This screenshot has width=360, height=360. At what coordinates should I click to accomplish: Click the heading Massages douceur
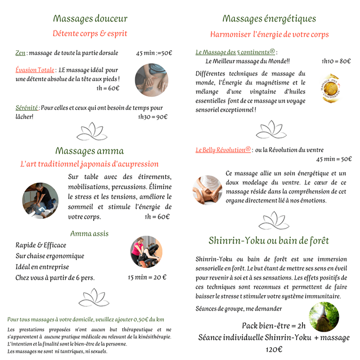pos(90,19)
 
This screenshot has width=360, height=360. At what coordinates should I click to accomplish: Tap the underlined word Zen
pos(20,53)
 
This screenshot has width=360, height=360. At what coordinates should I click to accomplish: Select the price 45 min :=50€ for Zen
pos(154,53)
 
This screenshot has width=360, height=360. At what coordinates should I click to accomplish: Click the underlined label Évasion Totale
pos(35,70)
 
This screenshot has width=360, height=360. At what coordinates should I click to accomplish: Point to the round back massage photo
pos(152,80)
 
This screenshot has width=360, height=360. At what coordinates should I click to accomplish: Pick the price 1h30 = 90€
pos(153,117)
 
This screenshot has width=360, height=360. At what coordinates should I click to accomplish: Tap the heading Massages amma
pos(90,151)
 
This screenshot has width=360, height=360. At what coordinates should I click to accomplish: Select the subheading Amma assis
pos(89,234)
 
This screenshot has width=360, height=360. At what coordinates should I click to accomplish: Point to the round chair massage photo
pos(146,252)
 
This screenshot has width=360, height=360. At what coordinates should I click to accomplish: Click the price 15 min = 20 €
pos(147,277)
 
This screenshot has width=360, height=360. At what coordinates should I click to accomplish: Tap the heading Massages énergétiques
pos(269,19)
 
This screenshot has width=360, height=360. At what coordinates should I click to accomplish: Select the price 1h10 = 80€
pos(336,61)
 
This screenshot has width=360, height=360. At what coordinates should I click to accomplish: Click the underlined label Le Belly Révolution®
pos(223,150)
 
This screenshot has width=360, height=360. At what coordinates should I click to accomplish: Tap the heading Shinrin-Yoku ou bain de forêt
pos(269,241)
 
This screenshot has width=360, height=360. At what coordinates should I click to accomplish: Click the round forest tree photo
pos(324,317)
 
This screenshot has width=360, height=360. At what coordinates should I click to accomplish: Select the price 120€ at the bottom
pos(274,349)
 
